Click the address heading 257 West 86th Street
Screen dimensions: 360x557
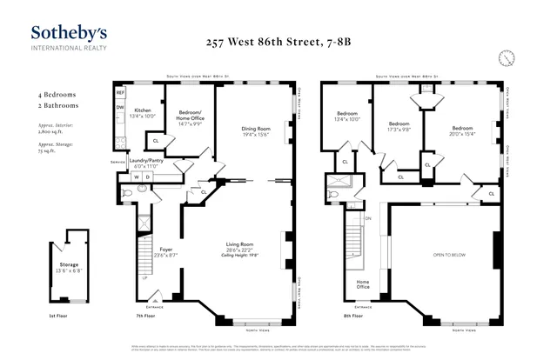(279, 41)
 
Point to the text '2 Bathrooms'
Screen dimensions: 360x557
(57, 104)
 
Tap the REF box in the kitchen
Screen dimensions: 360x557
(121, 92)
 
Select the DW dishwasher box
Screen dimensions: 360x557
(121, 109)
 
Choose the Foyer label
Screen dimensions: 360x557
(165, 251)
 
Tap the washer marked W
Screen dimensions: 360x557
(137, 177)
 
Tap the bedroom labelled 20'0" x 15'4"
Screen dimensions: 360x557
(461, 130)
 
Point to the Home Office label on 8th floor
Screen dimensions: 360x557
(364, 284)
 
